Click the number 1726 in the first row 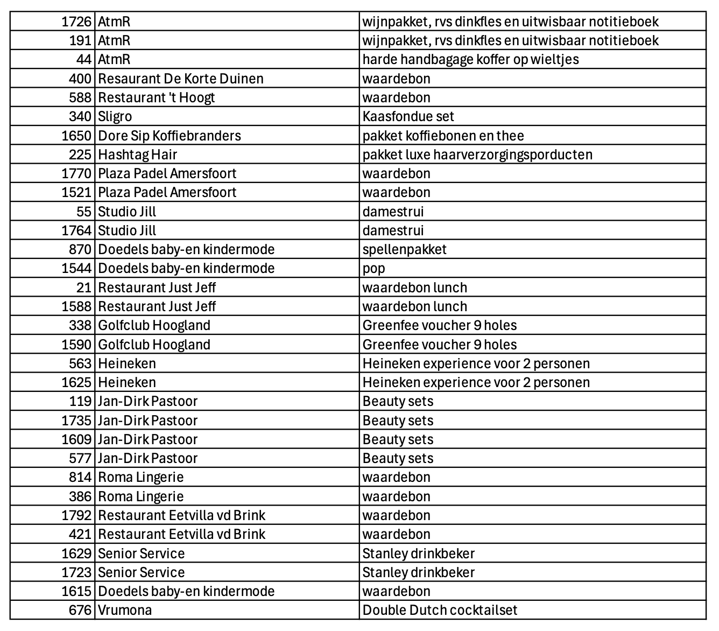[x=76, y=22]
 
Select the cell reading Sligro [x=115, y=117]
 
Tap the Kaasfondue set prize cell [x=408, y=117]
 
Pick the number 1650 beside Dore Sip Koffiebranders [x=76, y=136]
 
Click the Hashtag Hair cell [x=137, y=155]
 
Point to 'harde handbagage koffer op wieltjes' [x=470, y=60]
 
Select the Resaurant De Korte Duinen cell [x=180, y=79]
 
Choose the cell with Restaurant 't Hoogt [x=156, y=98]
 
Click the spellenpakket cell [x=404, y=250]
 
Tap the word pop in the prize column [x=373, y=269]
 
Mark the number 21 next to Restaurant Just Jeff [x=84, y=288]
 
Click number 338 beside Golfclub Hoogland [x=80, y=326]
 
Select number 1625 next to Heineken [x=76, y=383]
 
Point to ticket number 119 [x=80, y=402]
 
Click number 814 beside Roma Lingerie [x=80, y=478]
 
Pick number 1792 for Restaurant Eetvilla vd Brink [x=76, y=516]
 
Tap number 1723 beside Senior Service [x=76, y=573]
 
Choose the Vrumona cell [x=125, y=611]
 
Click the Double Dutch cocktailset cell [x=440, y=611]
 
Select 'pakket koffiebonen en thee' [x=443, y=136]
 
